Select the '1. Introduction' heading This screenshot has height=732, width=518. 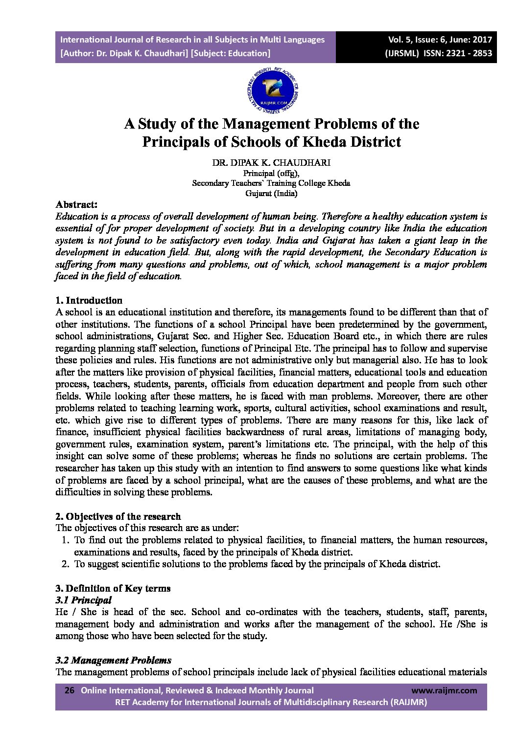pos(89,300)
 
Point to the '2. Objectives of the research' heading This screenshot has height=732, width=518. pos(118,516)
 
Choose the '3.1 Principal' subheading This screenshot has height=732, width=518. pos(84,600)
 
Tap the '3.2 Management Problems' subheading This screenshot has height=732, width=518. pos(114,660)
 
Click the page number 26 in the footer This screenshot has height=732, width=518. pos(70,690)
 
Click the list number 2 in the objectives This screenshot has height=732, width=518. pos(65,564)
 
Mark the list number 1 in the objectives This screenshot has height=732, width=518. pos(65,540)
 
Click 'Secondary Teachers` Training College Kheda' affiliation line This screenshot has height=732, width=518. pos(271,183)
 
